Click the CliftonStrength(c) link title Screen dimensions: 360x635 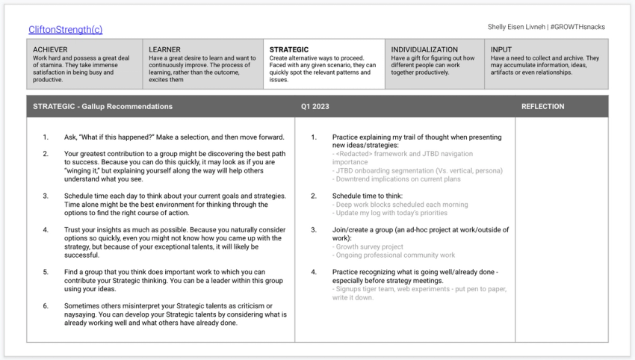(x=65, y=30)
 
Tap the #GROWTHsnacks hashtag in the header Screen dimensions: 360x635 (x=578, y=27)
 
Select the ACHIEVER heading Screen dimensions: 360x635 (x=51, y=49)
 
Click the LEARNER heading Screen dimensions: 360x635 (x=164, y=49)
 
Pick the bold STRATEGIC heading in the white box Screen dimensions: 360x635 (x=289, y=49)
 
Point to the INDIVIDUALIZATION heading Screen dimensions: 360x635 (x=424, y=49)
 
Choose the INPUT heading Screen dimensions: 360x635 (x=501, y=49)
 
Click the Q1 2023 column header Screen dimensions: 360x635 (x=315, y=107)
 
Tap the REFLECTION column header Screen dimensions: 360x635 (x=542, y=107)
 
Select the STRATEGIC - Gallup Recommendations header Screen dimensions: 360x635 (x=102, y=107)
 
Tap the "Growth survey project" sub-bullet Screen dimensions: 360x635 (x=370, y=246)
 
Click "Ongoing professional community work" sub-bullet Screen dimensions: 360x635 (x=395, y=255)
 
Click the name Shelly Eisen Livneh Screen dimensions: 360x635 (x=515, y=27)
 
